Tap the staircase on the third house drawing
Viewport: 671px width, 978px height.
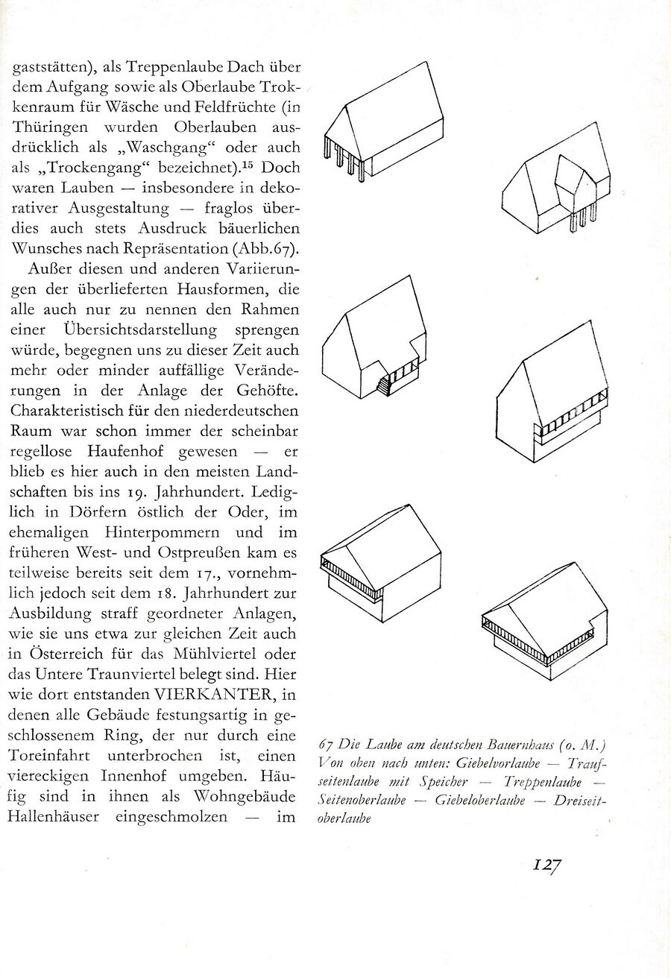pos(385,385)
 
